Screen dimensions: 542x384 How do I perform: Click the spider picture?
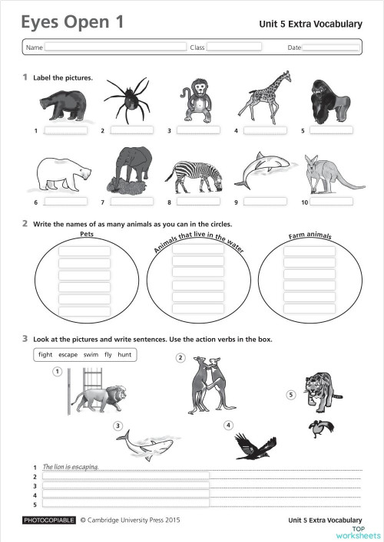(130, 100)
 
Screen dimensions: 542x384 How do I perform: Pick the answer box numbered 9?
(265, 202)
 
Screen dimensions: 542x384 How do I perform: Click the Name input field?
(115, 48)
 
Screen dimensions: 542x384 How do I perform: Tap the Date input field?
(330, 48)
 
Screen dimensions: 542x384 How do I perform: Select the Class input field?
(233, 48)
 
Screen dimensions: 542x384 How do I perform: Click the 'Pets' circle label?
(87, 235)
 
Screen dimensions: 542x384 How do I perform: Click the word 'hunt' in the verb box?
(124, 355)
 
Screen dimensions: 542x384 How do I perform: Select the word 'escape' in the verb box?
(68, 355)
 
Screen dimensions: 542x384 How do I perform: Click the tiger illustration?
(322, 390)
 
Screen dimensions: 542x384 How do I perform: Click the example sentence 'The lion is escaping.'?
(70, 466)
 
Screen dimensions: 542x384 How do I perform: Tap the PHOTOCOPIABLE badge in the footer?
(50, 520)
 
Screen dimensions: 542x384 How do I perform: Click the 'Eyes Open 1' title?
(72, 23)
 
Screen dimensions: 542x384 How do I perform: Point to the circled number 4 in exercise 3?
(228, 425)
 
